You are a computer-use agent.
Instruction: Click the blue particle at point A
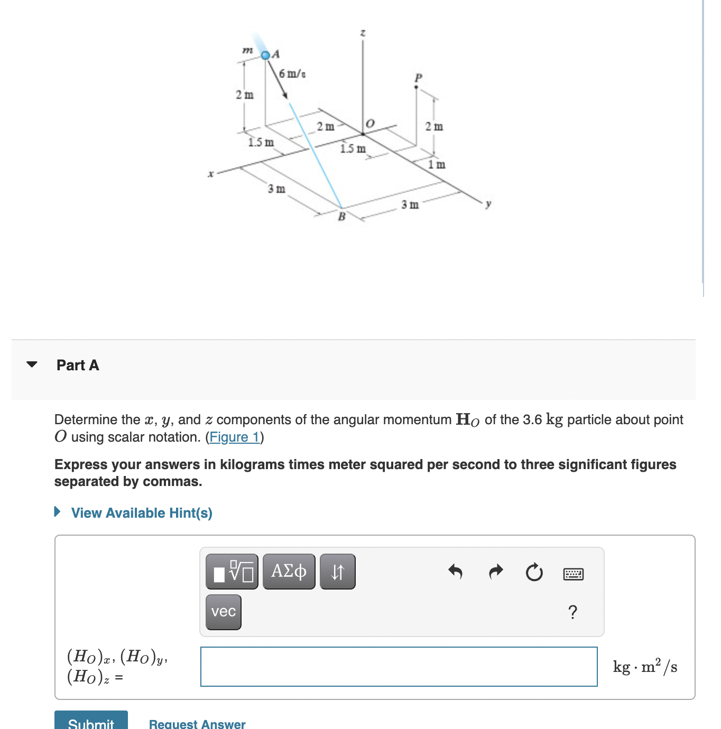266,55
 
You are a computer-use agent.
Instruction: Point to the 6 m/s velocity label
292,73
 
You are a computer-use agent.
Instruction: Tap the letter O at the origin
369,123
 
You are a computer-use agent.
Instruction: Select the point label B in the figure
341,216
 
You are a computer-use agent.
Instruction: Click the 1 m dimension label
437,164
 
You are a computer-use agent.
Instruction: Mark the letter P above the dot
418,78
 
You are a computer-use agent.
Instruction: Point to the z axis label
363,33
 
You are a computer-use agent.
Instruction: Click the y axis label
488,203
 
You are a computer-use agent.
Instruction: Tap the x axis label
210,173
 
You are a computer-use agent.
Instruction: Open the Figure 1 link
235,437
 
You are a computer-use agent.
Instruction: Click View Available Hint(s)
141,513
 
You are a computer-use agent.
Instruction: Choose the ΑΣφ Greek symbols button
289,572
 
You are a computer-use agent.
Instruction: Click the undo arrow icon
455,572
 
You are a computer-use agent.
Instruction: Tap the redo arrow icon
495,572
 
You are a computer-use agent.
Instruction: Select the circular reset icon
534,572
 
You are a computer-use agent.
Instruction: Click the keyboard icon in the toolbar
574,574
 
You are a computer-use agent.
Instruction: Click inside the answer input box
399,667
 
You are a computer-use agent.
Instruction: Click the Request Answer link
197,723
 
